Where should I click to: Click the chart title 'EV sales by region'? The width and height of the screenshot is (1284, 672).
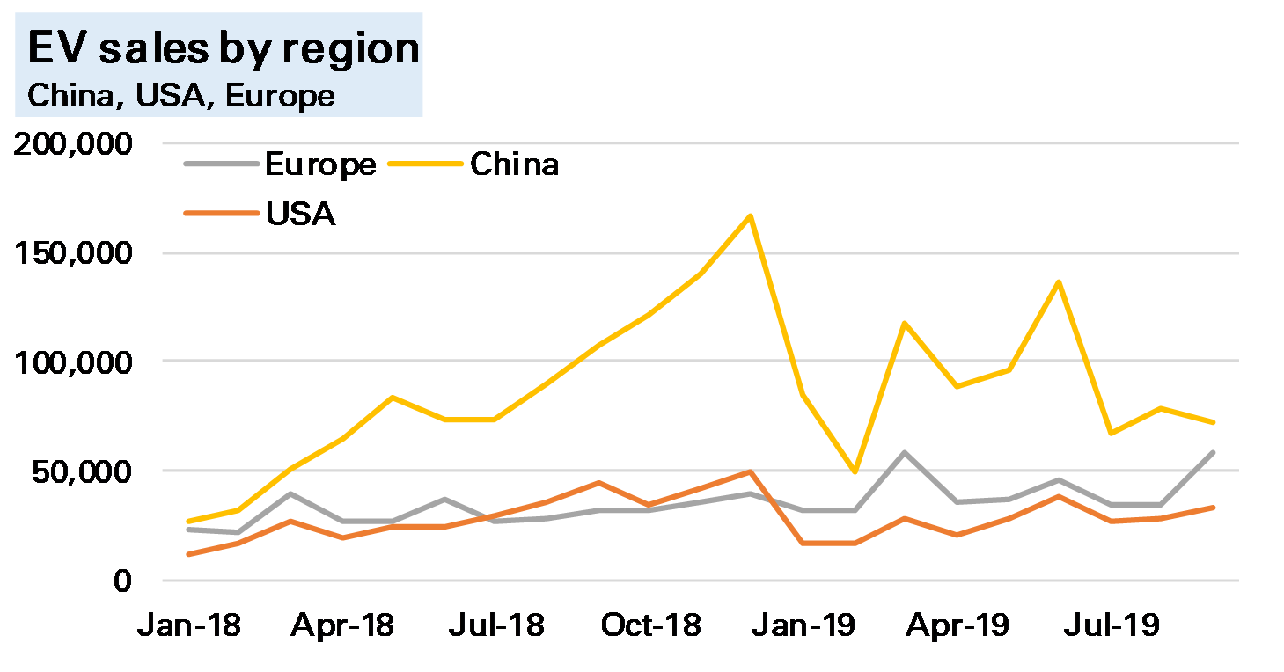click(224, 48)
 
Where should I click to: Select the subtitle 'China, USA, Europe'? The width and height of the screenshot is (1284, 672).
click(181, 95)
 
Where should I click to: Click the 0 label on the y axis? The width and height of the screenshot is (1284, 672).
click(121, 581)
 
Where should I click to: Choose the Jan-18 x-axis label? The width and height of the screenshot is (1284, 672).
click(189, 626)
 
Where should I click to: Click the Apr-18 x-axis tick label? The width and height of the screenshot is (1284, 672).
click(343, 626)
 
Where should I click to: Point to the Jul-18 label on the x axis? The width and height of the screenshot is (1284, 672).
click(496, 626)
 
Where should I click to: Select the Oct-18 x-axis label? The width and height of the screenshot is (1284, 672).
click(651, 626)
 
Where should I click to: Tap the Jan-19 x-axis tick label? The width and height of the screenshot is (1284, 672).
click(804, 626)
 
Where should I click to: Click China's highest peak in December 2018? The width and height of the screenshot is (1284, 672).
click(751, 215)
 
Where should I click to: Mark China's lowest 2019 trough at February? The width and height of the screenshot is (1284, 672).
click(854, 472)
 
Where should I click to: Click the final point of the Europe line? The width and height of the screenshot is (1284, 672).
click(1213, 452)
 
